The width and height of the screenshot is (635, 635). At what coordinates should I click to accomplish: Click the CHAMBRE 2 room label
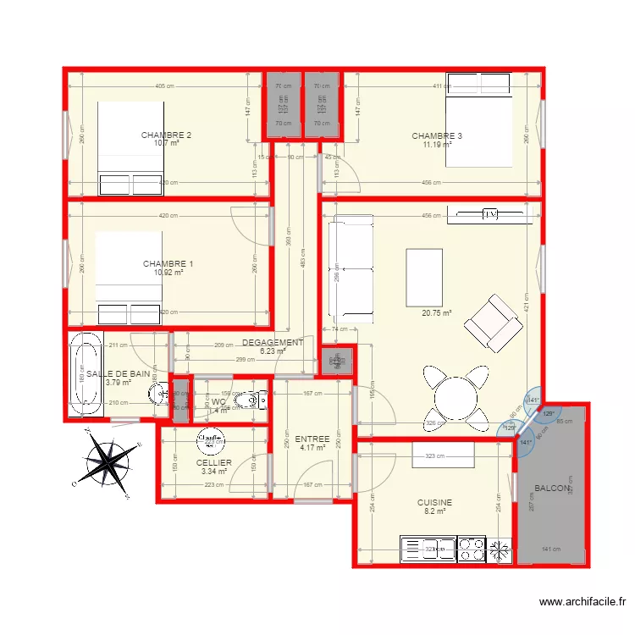coord(166,135)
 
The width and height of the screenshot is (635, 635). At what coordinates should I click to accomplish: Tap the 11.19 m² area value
coord(437,145)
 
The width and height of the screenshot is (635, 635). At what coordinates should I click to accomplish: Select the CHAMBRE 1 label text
coord(168,264)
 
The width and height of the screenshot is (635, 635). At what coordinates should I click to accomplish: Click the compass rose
coord(108,462)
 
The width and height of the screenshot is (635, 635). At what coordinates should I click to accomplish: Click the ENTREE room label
coord(312,439)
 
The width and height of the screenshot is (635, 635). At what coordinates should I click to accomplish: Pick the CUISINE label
coord(434,502)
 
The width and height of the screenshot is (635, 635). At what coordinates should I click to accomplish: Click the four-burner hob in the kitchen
coord(471,549)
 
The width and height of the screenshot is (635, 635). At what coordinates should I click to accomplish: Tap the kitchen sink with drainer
coord(428,549)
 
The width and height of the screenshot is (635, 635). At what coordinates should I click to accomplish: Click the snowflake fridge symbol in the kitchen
coord(500,549)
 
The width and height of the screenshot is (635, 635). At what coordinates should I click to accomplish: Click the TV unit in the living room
coord(489,215)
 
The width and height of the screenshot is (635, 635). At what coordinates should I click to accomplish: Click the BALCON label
coord(552,489)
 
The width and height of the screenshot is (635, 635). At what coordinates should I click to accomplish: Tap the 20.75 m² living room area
coord(437,312)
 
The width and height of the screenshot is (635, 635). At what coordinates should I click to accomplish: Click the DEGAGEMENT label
coord(273,342)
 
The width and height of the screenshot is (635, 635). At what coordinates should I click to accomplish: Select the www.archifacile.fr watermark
coord(583,602)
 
